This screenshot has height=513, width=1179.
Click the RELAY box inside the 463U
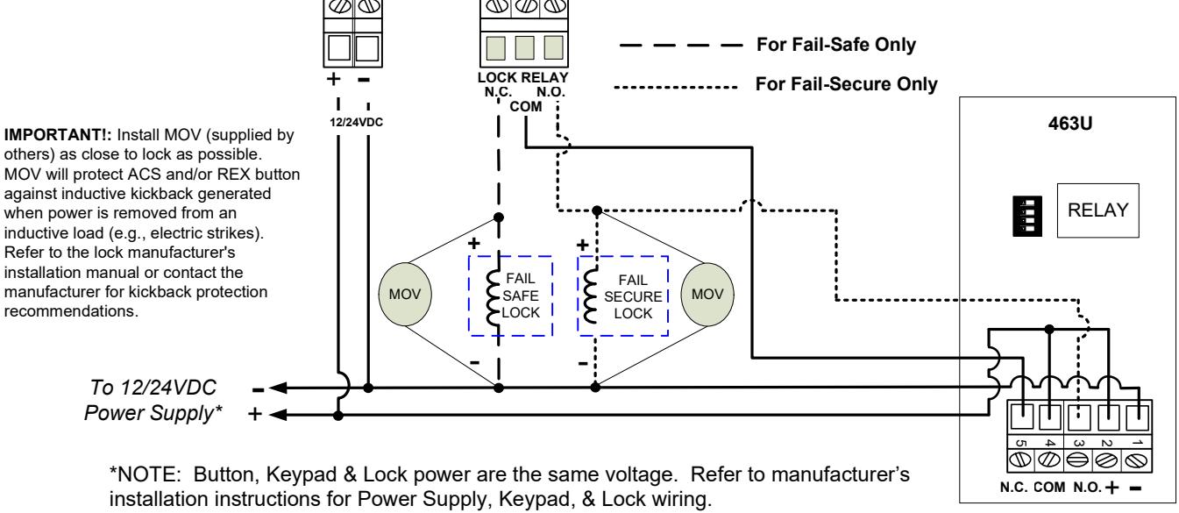tap(1098, 210)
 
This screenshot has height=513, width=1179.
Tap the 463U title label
tap(1070, 124)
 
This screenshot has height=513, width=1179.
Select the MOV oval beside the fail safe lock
tap(405, 294)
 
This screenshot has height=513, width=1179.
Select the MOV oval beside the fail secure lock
tap(707, 294)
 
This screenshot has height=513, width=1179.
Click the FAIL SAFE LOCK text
tap(521, 296)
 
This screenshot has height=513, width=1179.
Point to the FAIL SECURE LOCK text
tap(633, 296)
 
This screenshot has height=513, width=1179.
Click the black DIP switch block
tap(1026, 216)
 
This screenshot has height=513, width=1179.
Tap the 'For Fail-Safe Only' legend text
tap(836, 45)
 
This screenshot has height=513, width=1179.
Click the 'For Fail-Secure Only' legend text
tap(847, 84)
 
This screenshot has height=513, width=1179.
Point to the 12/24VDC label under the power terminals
tap(357, 122)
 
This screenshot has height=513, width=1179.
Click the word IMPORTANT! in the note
tap(58, 135)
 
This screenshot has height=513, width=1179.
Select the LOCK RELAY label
tap(522, 77)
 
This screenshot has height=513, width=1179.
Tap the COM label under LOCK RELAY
tap(525, 107)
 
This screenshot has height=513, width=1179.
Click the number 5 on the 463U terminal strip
tap(1020, 444)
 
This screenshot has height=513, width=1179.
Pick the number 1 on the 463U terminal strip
tap(1137, 444)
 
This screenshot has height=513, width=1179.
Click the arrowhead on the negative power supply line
tap(279, 388)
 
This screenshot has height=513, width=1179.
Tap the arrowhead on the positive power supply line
tap(279, 415)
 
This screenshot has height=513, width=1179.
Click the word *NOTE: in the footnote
tap(146, 474)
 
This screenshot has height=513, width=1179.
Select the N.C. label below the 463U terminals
tap(1014, 488)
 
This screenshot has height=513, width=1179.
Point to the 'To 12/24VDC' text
tap(153, 388)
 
